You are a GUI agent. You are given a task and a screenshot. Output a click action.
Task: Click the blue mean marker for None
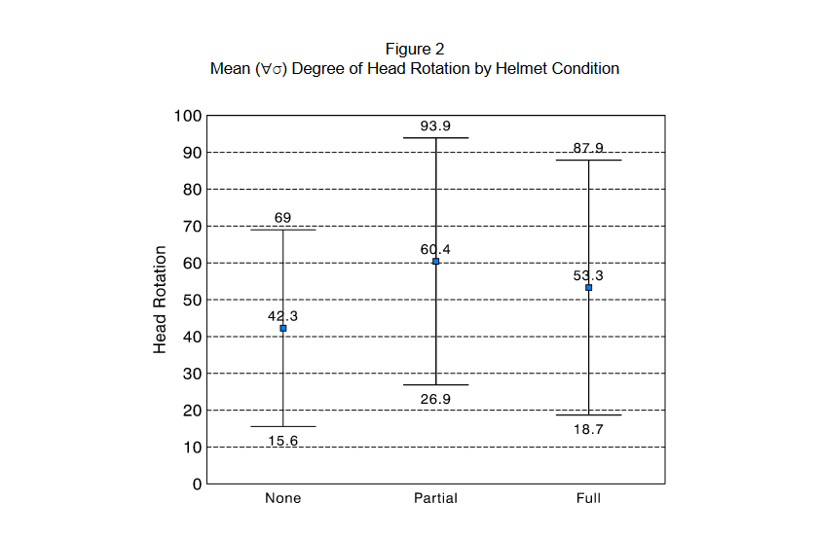(x=283, y=329)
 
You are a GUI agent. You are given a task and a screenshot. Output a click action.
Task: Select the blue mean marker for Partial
(x=436, y=262)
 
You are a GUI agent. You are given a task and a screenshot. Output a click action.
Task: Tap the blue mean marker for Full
(x=589, y=288)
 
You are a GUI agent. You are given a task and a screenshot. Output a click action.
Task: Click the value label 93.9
(x=435, y=126)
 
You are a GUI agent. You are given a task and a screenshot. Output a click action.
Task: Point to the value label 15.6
(x=283, y=441)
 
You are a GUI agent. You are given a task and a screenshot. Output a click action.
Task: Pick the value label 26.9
(x=435, y=399)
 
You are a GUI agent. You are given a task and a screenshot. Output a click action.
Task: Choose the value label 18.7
(x=588, y=429)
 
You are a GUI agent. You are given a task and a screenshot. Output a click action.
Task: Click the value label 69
(x=283, y=217)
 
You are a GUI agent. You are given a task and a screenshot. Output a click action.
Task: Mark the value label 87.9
(x=588, y=148)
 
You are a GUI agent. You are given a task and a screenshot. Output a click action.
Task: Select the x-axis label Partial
(x=435, y=498)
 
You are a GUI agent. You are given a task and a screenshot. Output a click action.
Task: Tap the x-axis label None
(x=283, y=498)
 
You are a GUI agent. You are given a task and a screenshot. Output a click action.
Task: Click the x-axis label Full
(x=588, y=498)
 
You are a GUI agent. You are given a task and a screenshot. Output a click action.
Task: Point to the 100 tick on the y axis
(x=188, y=116)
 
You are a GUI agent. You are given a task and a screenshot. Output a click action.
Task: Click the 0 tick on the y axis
(x=197, y=484)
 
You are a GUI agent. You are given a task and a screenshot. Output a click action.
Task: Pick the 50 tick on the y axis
(x=192, y=300)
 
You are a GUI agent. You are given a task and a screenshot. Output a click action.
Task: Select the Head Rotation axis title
(x=161, y=300)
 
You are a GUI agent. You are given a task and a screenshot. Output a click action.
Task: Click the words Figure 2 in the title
(x=415, y=49)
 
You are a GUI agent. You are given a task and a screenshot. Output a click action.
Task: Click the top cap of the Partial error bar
(x=436, y=138)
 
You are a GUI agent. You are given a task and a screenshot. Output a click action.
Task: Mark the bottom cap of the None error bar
(x=283, y=426)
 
